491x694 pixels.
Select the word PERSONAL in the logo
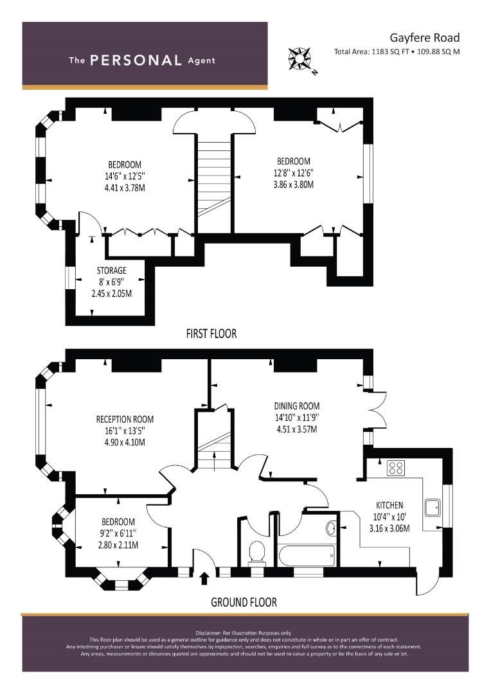[136, 60]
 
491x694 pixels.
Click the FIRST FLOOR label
[211, 334]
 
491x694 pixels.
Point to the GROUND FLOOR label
[244, 602]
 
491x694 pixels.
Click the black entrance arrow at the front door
[205, 579]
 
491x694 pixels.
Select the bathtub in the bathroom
[306, 554]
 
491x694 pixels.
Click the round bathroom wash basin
[330, 528]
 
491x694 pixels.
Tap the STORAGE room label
[111, 271]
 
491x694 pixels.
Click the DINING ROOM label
[296, 406]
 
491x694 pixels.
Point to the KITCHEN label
[389, 505]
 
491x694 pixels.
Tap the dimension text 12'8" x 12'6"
[293, 172]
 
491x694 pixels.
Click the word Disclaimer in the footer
[210, 633]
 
